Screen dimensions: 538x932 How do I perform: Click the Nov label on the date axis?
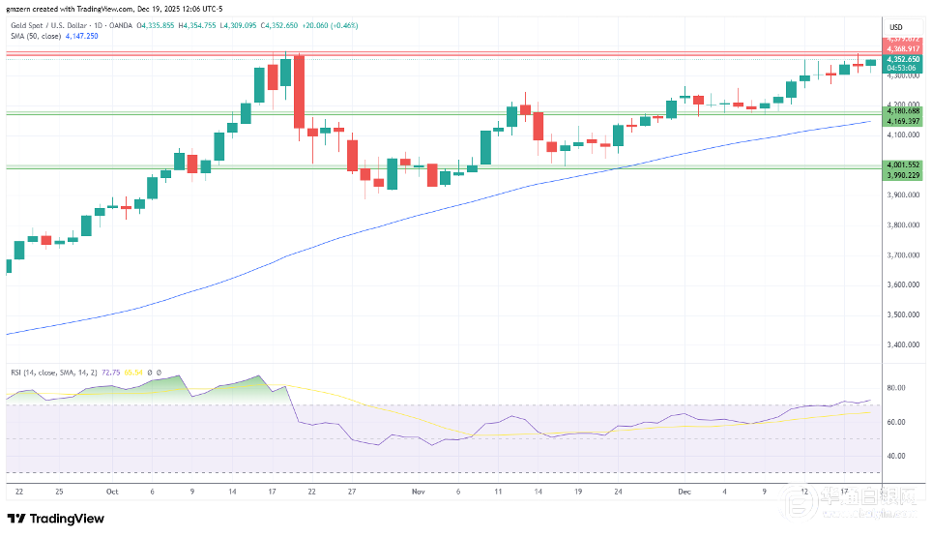tap(418, 492)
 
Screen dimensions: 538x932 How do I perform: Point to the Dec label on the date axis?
tap(684, 492)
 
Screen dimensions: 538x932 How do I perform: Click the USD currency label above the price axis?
tap(895, 26)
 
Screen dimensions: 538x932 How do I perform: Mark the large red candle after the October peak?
tap(298, 91)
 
